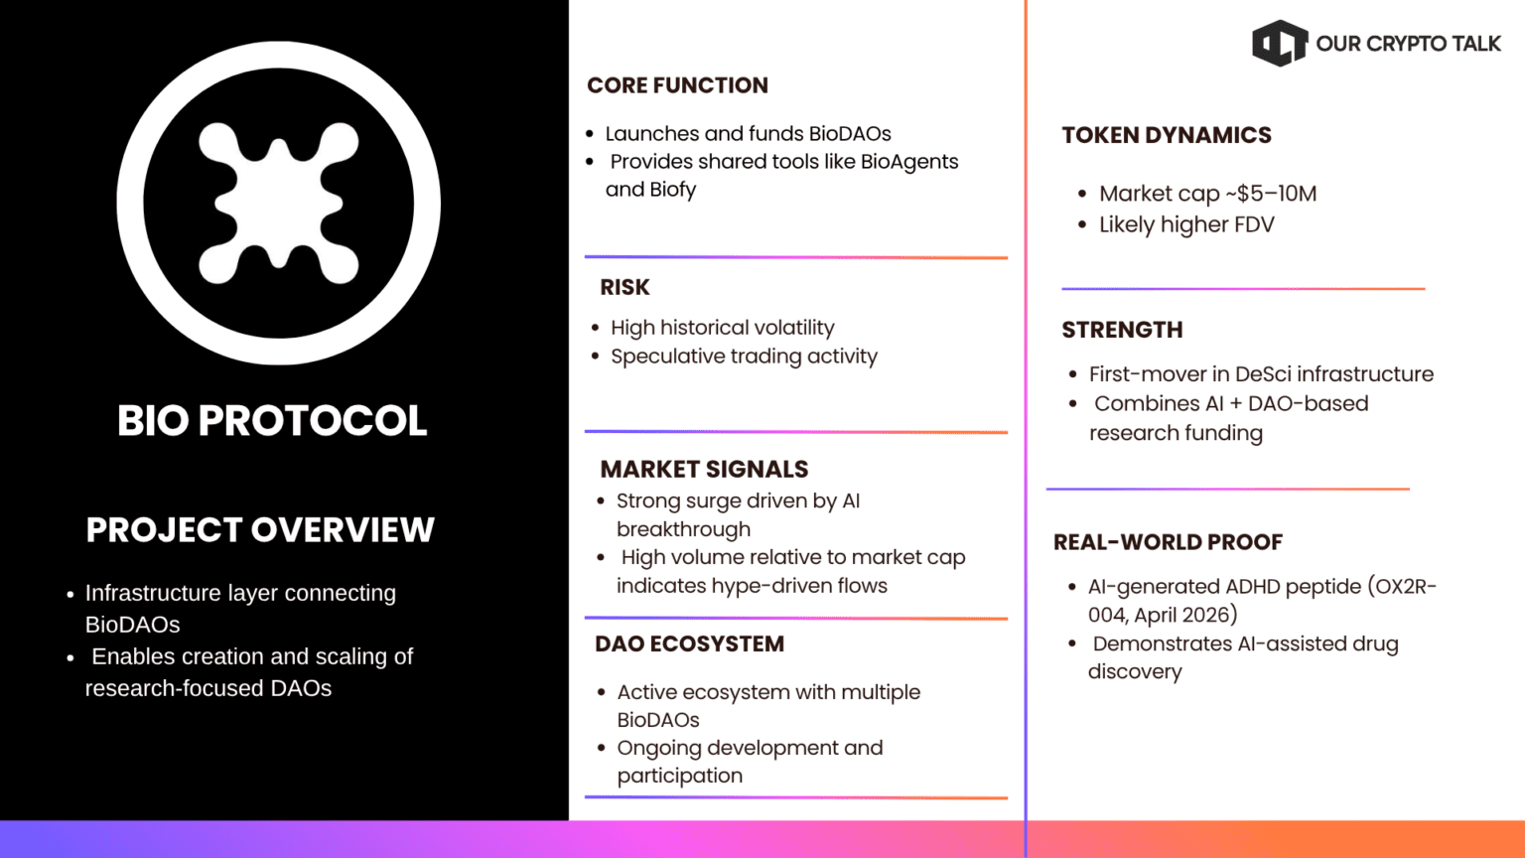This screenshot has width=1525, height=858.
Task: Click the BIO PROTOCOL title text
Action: pyautogui.click(x=272, y=420)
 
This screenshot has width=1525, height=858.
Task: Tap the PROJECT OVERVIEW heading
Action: pyautogui.click(x=260, y=530)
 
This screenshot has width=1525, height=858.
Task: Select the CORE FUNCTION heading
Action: pyautogui.click(x=677, y=85)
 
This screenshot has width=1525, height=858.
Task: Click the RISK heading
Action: pyautogui.click(x=624, y=288)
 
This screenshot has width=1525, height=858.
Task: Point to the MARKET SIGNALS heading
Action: pyautogui.click(x=704, y=469)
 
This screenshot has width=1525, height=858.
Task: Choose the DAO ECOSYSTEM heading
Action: pyautogui.click(x=689, y=643)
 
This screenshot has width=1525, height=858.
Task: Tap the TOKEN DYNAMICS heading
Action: pyautogui.click(x=1166, y=135)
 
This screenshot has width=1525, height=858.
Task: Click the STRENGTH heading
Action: pyautogui.click(x=1122, y=330)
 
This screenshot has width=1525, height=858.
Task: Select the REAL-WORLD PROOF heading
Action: pyautogui.click(x=1168, y=542)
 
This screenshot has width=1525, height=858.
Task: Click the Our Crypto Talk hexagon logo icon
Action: pyautogui.click(x=1280, y=44)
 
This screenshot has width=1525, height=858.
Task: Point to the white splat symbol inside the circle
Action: pyautogui.click(x=279, y=203)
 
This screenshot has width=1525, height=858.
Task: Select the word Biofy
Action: pyautogui.click(x=673, y=190)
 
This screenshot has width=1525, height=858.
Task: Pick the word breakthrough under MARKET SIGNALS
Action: pyautogui.click(x=683, y=529)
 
